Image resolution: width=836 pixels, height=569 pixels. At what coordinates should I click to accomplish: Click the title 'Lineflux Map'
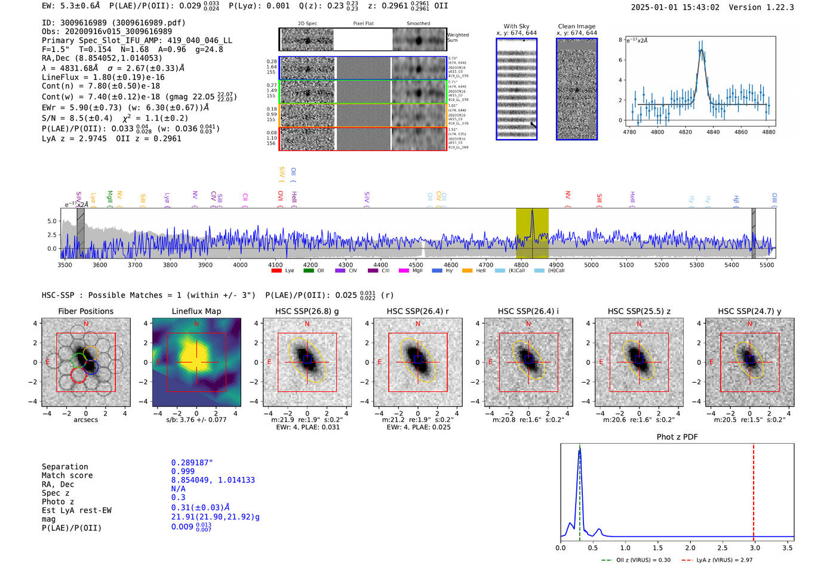[x=196, y=311]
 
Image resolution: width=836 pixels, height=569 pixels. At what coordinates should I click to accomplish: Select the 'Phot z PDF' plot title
[x=677, y=436]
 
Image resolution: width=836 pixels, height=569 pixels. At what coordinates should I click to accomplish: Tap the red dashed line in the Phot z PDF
[x=754, y=490]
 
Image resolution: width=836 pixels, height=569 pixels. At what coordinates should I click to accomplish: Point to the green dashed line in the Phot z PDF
[x=579, y=490]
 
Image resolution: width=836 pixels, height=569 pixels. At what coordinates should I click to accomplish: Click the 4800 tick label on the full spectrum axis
[x=521, y=265]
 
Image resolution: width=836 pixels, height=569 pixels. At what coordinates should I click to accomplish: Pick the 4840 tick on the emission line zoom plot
[x=713, y=132]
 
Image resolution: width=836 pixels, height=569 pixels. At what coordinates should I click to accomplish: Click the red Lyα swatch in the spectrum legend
[x=276, y=271]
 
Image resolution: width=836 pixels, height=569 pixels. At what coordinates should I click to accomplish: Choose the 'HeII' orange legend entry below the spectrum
[x=467, y=271]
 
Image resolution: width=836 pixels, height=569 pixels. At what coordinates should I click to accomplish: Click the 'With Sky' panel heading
[x=516, y=26]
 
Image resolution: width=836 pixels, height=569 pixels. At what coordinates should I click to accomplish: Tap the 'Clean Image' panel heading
[x=576, y=26]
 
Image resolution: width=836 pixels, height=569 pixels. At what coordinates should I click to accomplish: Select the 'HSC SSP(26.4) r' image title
[x=417, y=311]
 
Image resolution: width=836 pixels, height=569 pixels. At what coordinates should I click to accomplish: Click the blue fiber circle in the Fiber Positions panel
[x=91, y=367]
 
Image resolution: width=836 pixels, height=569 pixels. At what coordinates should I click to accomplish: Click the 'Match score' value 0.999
[x=183, y=471]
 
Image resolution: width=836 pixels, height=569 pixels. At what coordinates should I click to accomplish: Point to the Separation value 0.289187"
[x=192, y=463]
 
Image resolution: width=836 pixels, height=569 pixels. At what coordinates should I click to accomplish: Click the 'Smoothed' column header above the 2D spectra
[x=418, y=24]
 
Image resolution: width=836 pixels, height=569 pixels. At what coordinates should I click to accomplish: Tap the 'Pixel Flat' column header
[x=363, y=24]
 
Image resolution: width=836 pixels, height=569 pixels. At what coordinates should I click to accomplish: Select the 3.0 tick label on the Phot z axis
[x=755, y=548]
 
